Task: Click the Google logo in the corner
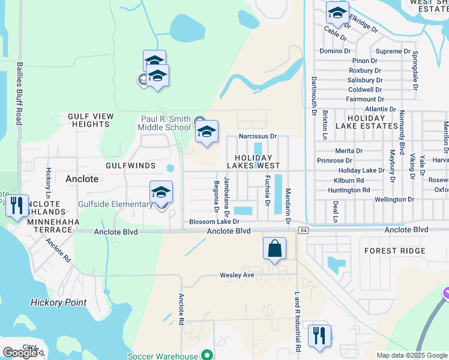click(x=20, y=353)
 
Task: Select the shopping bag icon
click(x=274, y=248)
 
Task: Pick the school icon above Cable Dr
click(x=337, y=13)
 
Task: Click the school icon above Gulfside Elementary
click(x=161, y=192)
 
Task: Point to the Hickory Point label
click(x=59, y=302)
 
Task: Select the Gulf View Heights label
click(x=90, y=120)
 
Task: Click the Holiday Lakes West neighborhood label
click(x=253, y=165)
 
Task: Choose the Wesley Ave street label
click(x=236, y=275)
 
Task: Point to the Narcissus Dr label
click(x=258, y=136)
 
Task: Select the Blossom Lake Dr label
click(x=214, y=221)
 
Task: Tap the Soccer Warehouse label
click(x=163, y=356)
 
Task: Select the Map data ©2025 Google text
click(x=411, y=355)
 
